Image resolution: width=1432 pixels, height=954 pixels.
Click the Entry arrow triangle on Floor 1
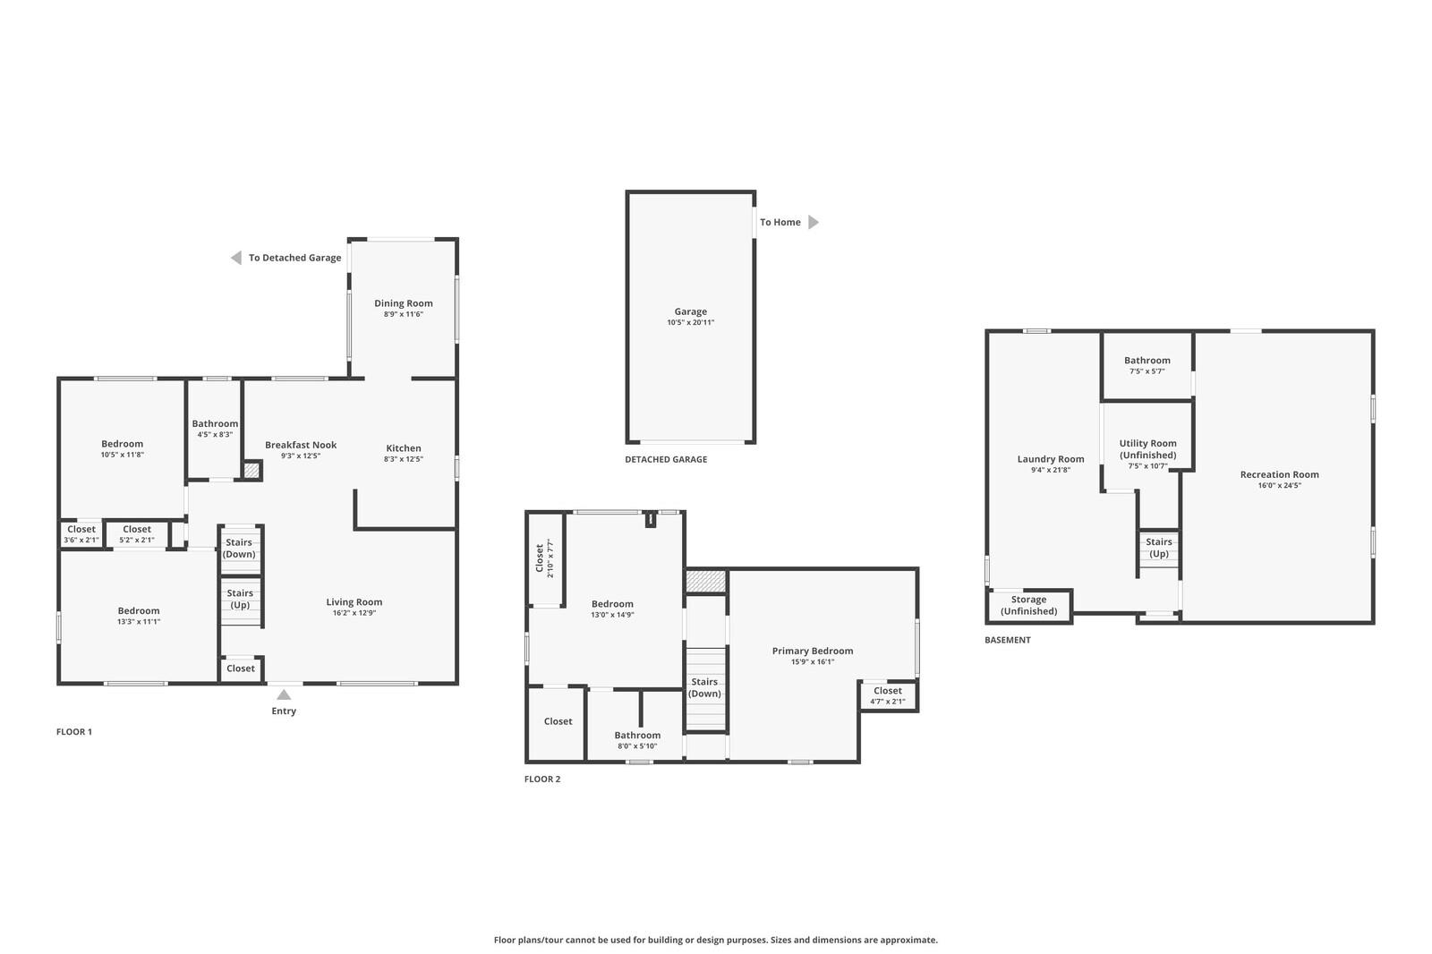284,694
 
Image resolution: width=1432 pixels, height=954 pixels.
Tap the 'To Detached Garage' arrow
236,258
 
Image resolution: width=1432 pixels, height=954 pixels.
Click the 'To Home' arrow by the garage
813,222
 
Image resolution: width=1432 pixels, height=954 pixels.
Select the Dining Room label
403,303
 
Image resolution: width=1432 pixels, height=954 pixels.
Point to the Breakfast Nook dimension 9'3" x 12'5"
301,456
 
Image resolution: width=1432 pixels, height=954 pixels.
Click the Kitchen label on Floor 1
404,448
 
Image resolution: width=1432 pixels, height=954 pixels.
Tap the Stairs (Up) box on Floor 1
240,600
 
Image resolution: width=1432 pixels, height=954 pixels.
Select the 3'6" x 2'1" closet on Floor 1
81,534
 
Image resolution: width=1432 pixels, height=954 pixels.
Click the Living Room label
354,602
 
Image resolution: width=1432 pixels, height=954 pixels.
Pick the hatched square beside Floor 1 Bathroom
251,470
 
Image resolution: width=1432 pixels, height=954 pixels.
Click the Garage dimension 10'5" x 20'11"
690,322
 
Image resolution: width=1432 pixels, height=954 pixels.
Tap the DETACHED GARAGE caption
666,459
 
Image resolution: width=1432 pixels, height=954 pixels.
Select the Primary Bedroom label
812,651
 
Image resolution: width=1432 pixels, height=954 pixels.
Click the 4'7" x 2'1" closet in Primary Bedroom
888,696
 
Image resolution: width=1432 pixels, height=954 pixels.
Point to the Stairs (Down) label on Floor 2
704,687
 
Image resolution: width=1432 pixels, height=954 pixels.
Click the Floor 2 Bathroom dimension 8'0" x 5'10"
637,746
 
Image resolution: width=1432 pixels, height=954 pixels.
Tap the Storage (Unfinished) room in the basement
1028,606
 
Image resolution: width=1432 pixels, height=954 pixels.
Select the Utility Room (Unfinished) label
1147,449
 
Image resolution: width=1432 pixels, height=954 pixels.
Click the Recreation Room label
1279,474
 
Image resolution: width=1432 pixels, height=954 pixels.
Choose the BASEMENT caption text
1008,640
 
